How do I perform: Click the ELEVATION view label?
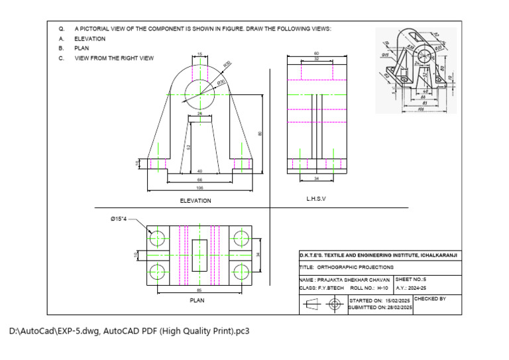pos(196,200)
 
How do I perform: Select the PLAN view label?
pos(197,300)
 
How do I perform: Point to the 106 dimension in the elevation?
pos(199,188)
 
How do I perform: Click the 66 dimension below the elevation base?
pos(199,180)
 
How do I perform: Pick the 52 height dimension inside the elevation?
pos(188,147)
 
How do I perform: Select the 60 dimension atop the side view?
pos(316,53)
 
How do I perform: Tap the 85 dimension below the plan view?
pos(199,289)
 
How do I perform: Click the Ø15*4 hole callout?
pos(123,220)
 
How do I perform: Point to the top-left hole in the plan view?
pos(158,237)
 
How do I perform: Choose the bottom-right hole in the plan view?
pos(241,270)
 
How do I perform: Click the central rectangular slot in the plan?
pos(199,255)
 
